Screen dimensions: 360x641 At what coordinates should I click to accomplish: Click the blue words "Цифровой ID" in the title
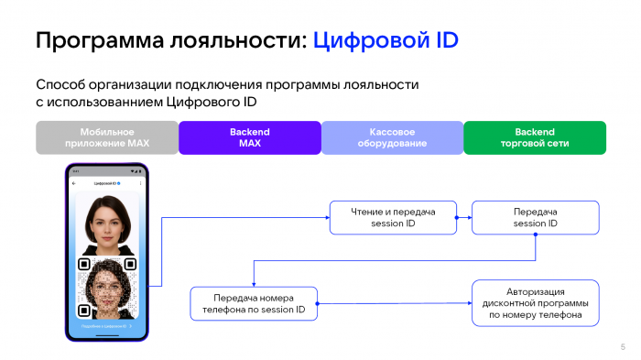(x=385, y=40)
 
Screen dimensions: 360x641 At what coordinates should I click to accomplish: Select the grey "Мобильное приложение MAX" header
(x=107, y=137)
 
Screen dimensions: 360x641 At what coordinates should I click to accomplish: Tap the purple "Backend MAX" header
(x=249, y=137)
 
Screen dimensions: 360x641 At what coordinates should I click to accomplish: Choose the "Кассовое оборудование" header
(x=392, y=137)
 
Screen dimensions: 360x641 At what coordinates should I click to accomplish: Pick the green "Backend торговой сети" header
(x=535, y=137)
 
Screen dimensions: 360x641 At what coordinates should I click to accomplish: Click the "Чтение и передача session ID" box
(x=393, y=218)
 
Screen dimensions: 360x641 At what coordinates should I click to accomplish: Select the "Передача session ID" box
(x=535, y=218)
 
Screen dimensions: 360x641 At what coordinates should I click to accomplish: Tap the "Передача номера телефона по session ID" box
(x=253, y=303)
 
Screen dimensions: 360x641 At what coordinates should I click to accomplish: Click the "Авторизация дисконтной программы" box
(x=535, y=303)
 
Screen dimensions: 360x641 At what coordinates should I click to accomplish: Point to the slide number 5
(x=623, y=346)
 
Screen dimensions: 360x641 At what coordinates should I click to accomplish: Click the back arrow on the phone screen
(x=74, y=184)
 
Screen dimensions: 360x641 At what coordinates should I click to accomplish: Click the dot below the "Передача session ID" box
(x=535, y=240)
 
